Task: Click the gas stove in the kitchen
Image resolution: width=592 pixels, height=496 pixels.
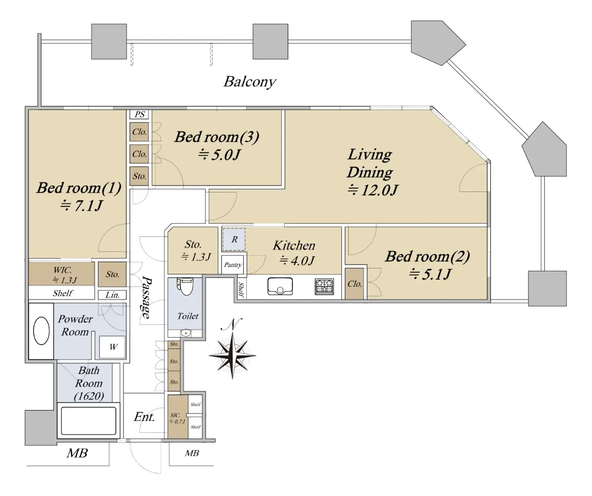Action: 325,287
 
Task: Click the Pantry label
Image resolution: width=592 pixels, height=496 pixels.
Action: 233,265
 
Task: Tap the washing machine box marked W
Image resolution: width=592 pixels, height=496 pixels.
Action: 113,346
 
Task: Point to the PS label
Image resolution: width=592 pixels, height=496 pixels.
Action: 140,114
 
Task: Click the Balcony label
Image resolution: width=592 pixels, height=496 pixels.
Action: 249,81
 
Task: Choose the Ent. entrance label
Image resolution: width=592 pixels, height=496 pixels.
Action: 145,417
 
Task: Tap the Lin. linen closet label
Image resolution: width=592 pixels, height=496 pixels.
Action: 112,295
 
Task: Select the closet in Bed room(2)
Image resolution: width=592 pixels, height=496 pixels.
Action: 355,284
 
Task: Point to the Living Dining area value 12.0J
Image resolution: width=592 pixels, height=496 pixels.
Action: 372,190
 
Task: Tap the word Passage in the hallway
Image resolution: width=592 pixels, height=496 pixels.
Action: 147,296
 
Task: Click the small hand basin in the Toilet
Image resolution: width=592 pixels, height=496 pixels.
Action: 185,334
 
